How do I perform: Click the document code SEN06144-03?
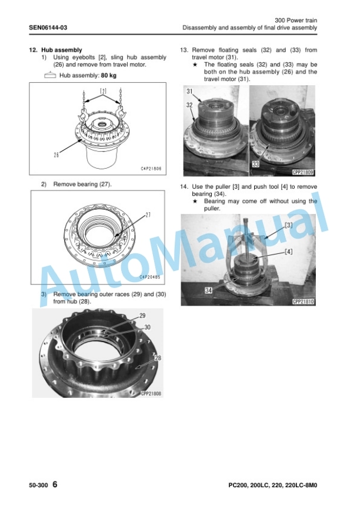point(48,28)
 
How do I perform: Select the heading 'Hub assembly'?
point(61,50)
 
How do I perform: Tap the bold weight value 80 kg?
point(108,76)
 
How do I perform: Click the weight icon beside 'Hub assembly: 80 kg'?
point(50,76)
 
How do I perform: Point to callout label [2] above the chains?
point(103,91)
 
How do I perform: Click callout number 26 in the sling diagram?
point(56,155)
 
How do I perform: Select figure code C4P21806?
point(151,169)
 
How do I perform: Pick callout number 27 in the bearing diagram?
point(148,215)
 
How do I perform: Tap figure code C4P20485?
point(150,277)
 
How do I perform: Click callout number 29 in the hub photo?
point(142,316)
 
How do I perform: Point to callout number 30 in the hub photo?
point(147,327)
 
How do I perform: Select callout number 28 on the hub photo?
point(158,358)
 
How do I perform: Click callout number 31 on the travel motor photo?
point(189,92)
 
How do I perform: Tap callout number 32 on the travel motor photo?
point(189,105)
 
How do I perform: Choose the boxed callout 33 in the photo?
point(256,164)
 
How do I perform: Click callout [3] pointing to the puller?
point(288,225)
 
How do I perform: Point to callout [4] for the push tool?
point(288,252)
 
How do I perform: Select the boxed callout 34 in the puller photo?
point(208,290)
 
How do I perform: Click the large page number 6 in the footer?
point(55,484)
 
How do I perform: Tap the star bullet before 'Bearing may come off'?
point(195,201)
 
